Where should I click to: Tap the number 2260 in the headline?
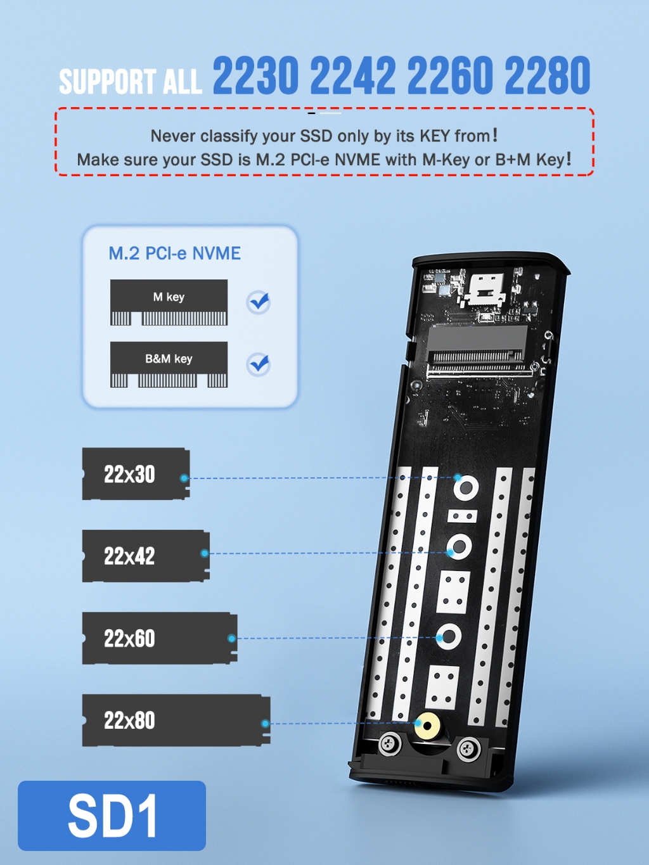tap(450, 75)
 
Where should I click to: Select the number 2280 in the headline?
tap(548, 75)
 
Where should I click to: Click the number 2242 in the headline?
tap(352, 75)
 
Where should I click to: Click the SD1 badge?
tap(112, 816)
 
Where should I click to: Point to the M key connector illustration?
tap(169, 302)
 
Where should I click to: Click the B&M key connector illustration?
tap(169, 364)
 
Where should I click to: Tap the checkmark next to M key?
tap(259, 302)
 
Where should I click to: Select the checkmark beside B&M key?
tap(259, 364)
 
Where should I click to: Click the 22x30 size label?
tap(129, 474)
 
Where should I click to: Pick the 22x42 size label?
tap(129, 556)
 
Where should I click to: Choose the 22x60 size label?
tap(129, 638)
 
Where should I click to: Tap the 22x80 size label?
tap(129, 721)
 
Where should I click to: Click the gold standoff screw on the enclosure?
tap(428, 726)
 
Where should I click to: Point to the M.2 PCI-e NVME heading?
tap(174, 253)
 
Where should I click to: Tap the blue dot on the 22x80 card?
tap(265, 724)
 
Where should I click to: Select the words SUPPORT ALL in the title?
tap(130, 82)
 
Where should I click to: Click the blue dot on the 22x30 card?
tap(184, 478)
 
